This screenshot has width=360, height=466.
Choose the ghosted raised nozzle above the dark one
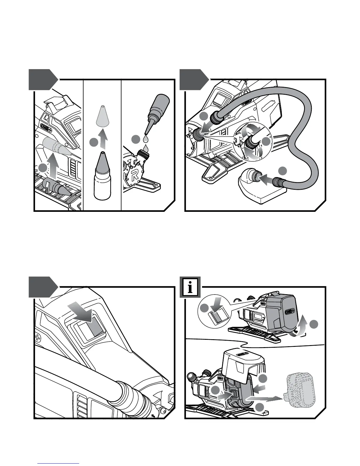coord(57,146)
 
